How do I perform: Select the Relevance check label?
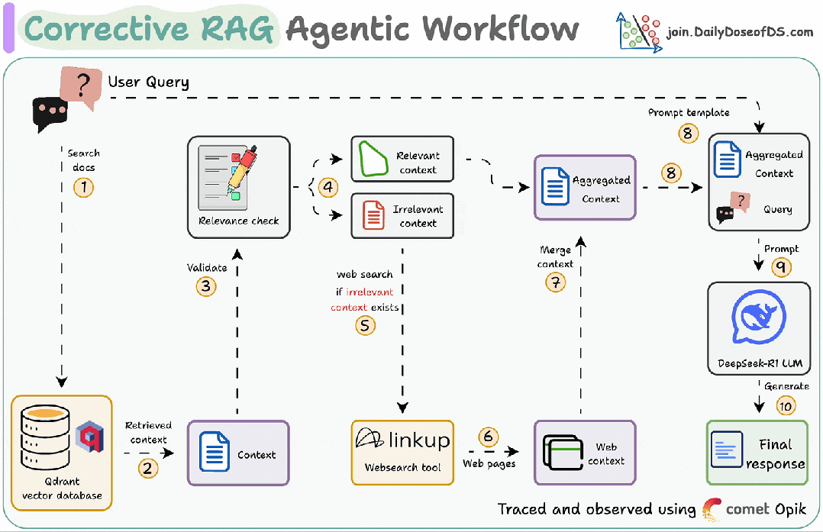[x=239, y=221]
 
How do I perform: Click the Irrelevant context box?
[x=402, y=215]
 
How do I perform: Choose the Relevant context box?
[x=402, y=160]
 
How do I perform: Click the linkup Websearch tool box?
[x=402, y=452]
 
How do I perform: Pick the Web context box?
[x=585, y=453]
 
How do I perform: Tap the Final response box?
[x=757, y=453]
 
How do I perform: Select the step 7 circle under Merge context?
[x=555, y=282]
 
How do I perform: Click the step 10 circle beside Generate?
[x=786, y=405]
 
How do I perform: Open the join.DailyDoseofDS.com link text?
[x=740, y=32]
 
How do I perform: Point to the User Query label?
[x=148, y=82]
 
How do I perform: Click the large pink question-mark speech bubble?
[x=81, y=86]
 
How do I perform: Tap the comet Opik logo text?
[x=766, y=509]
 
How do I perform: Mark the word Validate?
[x=207, y=268]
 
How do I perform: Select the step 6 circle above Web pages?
[x=488, y=437]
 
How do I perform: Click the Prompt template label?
[x=689, y=113]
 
